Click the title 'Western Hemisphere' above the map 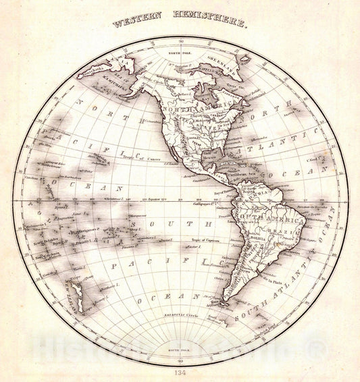click(x=180, y=22)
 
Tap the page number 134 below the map click(x=180, y=372)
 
